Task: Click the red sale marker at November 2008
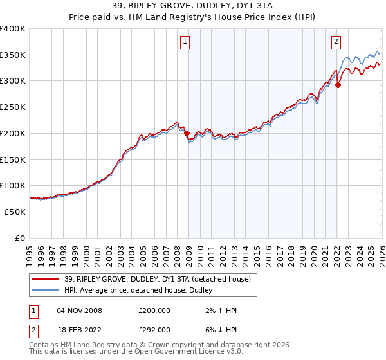tap(187, 134)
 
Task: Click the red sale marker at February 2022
tap(338, 85)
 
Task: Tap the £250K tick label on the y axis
tap(13, 107)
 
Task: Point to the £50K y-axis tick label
tap(15, 212)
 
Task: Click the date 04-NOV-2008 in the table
tap(79, 310)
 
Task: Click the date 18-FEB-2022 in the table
tap(79, 329)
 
